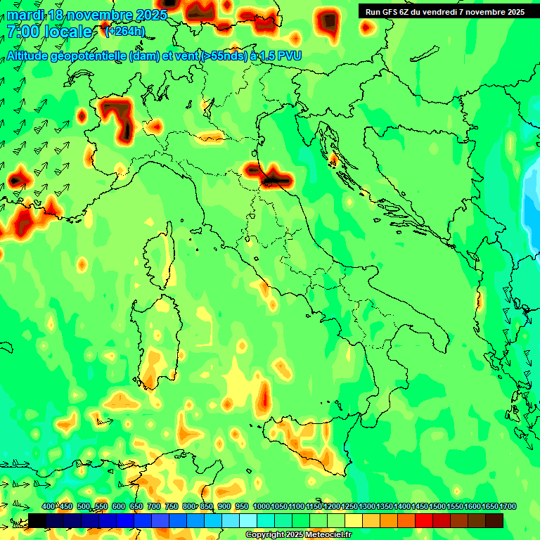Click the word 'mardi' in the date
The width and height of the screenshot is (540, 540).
click(26, 15)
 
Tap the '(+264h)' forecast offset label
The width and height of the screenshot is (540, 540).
click(124, 31)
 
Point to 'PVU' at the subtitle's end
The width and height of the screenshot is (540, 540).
click(289, 56)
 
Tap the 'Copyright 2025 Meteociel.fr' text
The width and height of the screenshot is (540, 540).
click(298, 535)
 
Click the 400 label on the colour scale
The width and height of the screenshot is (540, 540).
click(49, 507)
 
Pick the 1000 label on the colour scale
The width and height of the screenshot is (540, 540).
click(261, 507)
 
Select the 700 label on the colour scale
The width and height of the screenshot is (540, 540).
click(154, 507)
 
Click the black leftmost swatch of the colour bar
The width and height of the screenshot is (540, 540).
click(37, 520)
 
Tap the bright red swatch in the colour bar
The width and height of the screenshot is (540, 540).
click(424, 520)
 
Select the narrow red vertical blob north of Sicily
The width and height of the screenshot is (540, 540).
click(264, 397)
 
